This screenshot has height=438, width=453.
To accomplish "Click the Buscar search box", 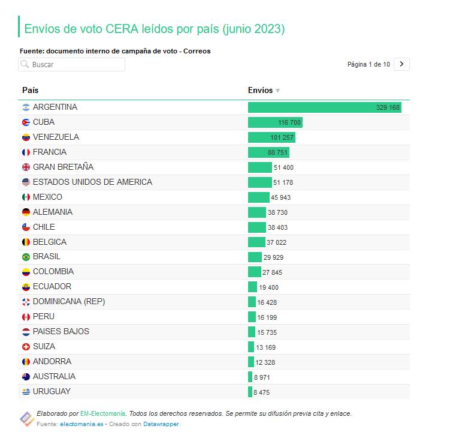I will pos(72,64).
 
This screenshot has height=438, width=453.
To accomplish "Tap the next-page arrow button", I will pos(401,64).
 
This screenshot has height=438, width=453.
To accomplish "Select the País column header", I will pos(30,91).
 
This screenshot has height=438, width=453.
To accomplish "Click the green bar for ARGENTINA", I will pos(324,107).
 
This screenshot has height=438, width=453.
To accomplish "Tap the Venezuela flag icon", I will pos(26,137).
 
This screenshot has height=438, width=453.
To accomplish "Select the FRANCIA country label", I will pos(50,152).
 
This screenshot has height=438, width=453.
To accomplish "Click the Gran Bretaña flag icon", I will pos(26,167).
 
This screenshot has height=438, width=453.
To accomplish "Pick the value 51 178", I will pos(283,182).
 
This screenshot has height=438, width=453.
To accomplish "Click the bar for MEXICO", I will pos(259,197).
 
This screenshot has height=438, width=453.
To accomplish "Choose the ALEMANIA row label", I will pos(53,212).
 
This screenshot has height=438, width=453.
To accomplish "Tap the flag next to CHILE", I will pos(26,227).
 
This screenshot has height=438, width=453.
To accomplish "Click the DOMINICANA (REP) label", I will pos(69,302).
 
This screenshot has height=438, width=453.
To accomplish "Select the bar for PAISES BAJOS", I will pos(252,332).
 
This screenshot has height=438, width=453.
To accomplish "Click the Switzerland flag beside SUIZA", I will pos(26,347).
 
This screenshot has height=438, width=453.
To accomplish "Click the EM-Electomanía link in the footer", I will pos(103,413).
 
